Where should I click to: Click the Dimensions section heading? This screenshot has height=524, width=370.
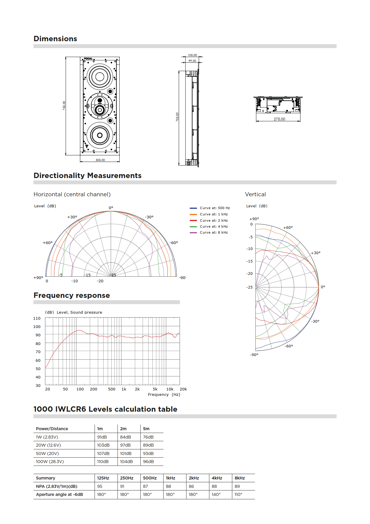pyautogui.click(x=55, y=39)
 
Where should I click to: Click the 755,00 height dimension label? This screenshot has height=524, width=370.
pyautogui.click(x=64, y=105)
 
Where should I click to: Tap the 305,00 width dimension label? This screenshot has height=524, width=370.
pyautogui.click(x=100, y=160)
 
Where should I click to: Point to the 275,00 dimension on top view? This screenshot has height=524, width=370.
pyautogui.click(x=279, y=119)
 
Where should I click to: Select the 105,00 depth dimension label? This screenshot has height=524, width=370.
pyautogui.click(x=192, y=55)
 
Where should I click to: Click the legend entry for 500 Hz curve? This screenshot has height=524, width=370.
pyautogui.click(x=215, y=208)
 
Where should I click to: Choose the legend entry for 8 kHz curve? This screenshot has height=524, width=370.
pyautogui.click(x=214, y=232)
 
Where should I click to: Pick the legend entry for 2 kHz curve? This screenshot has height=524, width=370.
pyautogui.click(x=214, y=220)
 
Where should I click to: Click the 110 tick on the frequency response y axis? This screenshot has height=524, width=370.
pyautogui.click(x=37, y=318)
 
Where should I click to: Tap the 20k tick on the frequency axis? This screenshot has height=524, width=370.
pyautogui.click(x=183, y=389)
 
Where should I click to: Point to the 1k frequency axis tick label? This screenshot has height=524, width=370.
pyautogui.click(x=124, y=389)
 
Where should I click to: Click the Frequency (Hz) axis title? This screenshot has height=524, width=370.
pyautogui.click(x=164, y=395)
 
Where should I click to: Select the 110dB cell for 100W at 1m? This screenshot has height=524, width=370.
pyautogui.click(x=103, y=462)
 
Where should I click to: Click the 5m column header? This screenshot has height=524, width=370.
pyautogui.click(x=146, y=429)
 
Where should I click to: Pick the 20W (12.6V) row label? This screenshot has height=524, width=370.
pyautogui.click(x=48, y=445)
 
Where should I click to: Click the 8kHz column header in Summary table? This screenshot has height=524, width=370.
pyautogui.click(x=240, y=478)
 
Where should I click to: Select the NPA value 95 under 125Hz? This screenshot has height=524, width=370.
pyautogui.click(x=100, y=486)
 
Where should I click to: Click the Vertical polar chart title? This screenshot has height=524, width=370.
pyautogui.click(x=255, y=194)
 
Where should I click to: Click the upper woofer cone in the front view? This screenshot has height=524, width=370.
pyautogui.click(x=100, y=76)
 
